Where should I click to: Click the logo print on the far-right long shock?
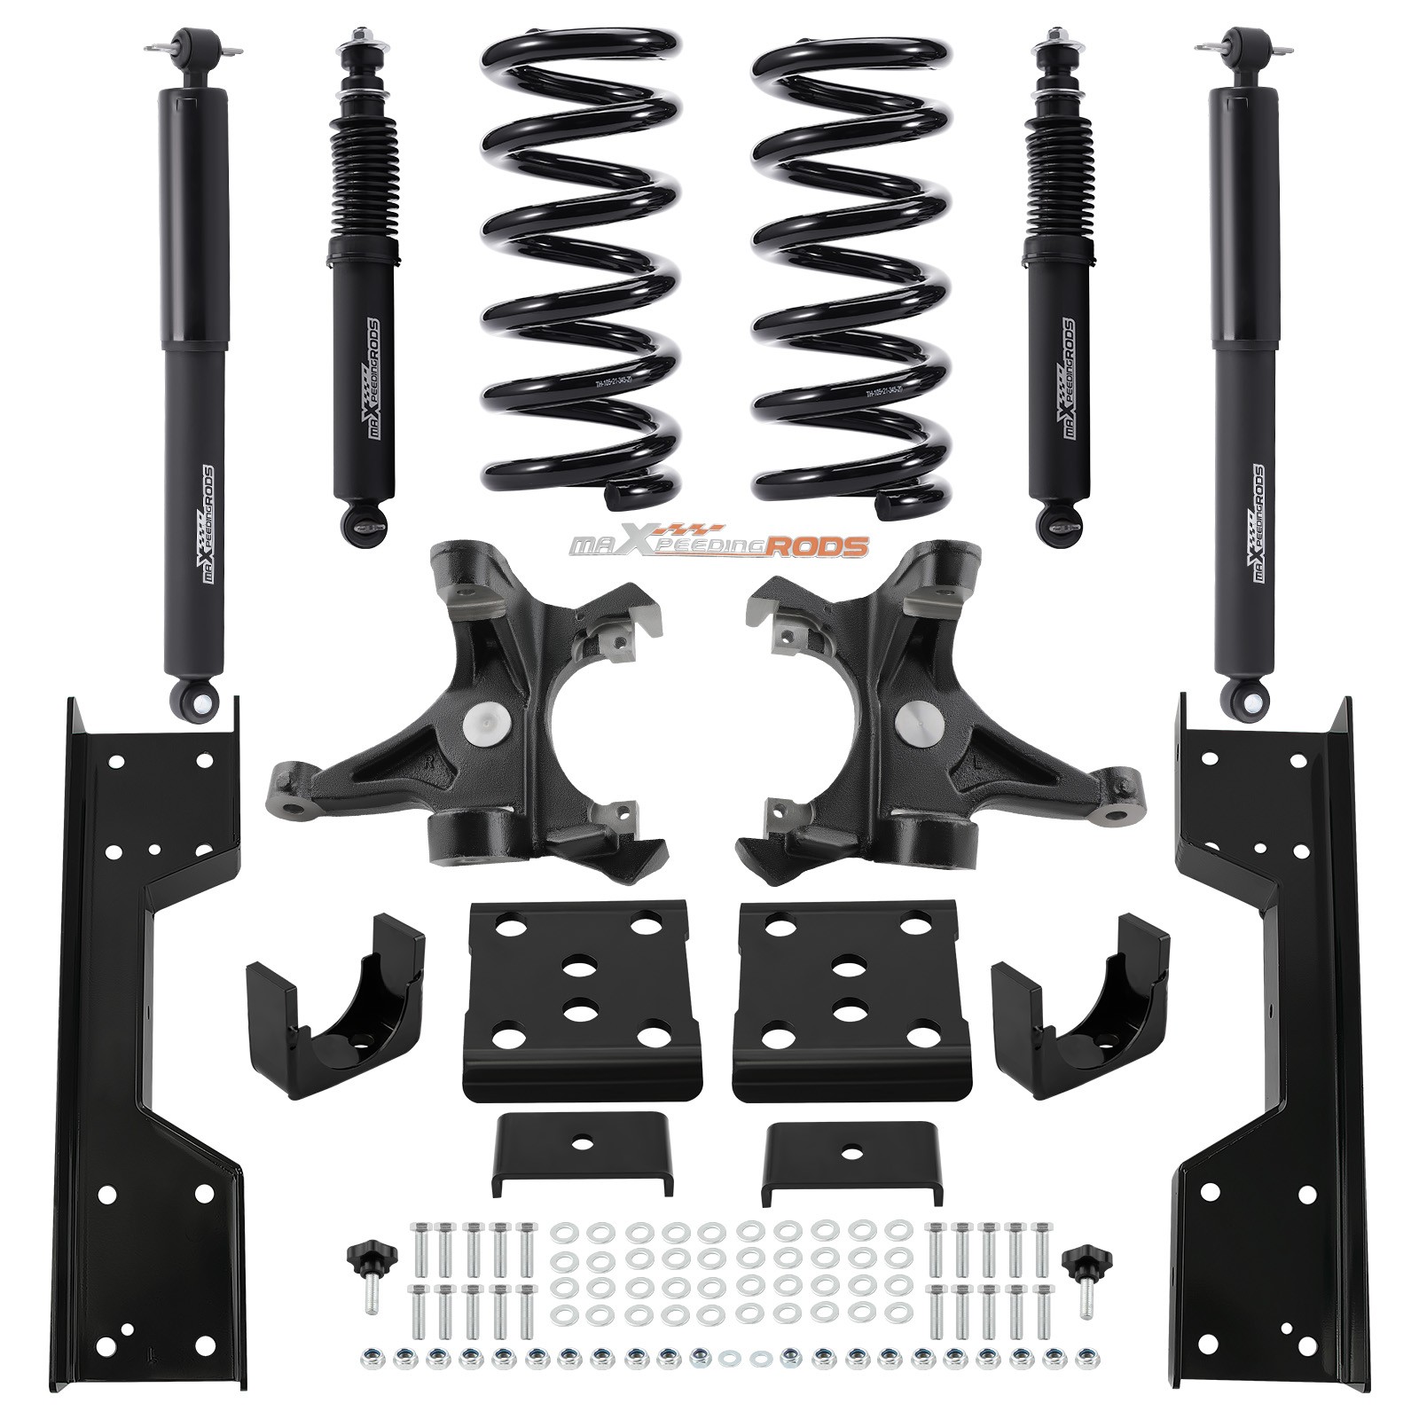point(1258,523)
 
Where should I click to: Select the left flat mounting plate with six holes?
point(576,1002)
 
